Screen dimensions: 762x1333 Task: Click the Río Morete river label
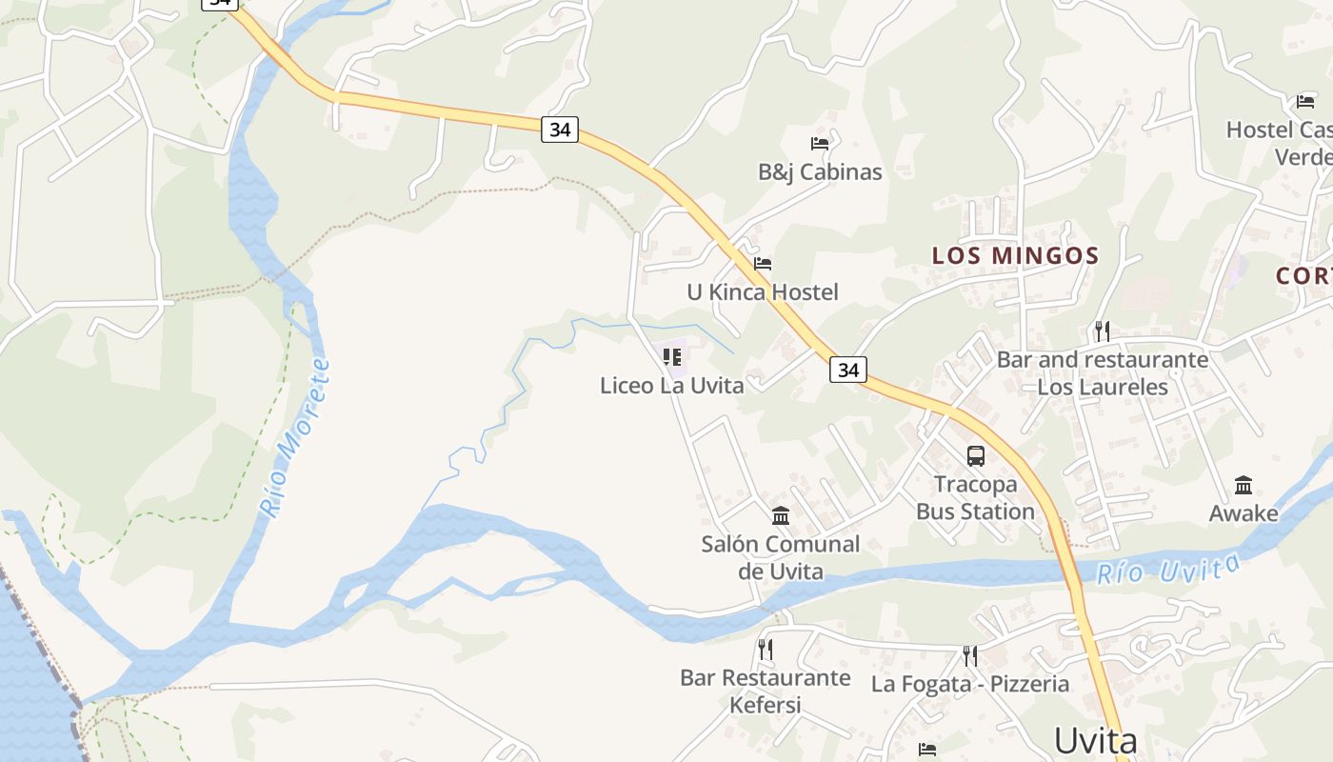(297, 438)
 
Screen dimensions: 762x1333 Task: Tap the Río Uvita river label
(1168, 570)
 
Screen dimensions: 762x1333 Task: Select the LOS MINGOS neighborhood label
(1015, 255)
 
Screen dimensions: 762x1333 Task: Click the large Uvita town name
(1095, 741)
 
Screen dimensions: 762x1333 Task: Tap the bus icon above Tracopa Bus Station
(976, 455)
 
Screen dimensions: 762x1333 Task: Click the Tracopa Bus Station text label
(975, 498)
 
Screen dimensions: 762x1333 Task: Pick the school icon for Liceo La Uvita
(672, 357)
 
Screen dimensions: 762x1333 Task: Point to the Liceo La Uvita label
(671, 386)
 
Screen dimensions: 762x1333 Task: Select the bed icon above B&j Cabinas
(819, 144)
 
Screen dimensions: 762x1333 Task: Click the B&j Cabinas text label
(820, 172)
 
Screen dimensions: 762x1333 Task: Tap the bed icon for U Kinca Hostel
(763, 264)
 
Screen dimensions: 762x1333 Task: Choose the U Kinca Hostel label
(763, 292)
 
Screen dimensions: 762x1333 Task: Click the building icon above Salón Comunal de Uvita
(781, 515)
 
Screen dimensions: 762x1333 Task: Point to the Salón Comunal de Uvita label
(780, 557)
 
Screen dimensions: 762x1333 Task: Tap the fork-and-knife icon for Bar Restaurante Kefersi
(765, 650)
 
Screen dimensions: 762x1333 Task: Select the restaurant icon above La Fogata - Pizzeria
(969, 655)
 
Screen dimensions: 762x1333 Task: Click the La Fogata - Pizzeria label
(969, 684)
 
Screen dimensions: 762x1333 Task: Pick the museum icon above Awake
(1243, 485)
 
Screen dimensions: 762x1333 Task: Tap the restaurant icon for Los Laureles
(1103, 331)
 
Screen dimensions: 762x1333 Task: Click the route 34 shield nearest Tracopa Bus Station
(847, 369)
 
